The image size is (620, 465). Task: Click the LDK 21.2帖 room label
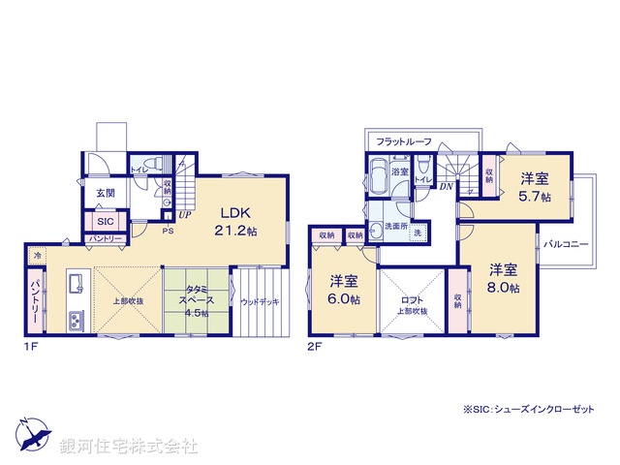pos(236,222)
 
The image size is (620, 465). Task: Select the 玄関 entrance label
pos(105,193)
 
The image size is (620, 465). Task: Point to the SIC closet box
pos(105,220)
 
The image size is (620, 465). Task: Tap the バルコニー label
pos(567,244)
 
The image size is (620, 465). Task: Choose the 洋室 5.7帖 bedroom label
pos(534,187)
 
